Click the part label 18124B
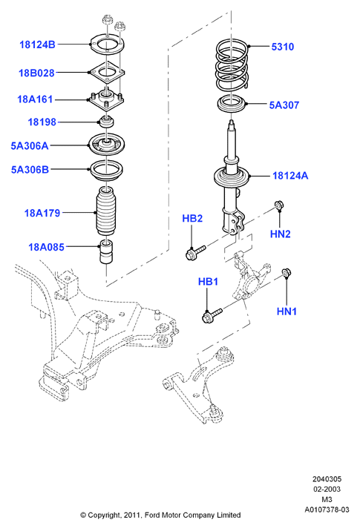coord(37,44)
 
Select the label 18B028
coord(36,73)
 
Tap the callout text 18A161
coord(35,99)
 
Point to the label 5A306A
coord(30,146)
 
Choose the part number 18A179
coord(42,213)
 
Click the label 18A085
coord(46,247)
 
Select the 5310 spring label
coord(283,47)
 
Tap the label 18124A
coord(290,176)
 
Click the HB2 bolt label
coord(192,219)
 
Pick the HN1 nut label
coord(287,311)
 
